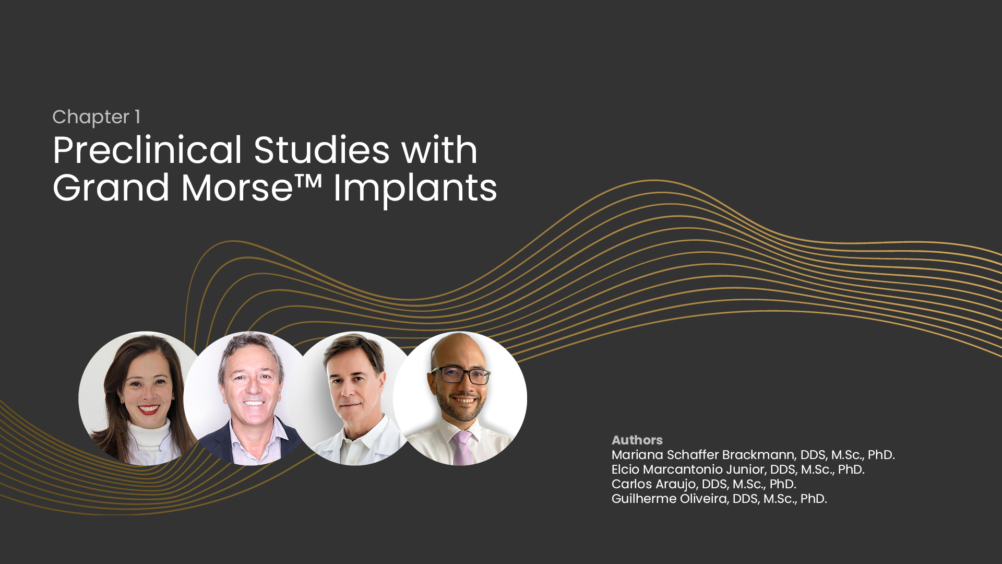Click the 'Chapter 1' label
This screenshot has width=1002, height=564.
pyautogui.click(x=97, y=118)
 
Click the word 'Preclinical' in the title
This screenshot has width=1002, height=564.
pyautogui.click(x=148, y=150)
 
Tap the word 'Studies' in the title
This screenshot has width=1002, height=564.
pyautogui.click(x=322, y=150)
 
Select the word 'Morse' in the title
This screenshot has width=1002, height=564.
pyautogui.click(x=237, y=188)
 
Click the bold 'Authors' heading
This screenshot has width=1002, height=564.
pyautogui.click(x=637, y=440)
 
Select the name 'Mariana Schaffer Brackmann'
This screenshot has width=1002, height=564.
pyautogui.click(x=703, y=455)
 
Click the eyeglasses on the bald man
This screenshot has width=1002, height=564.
pyautogui.click(x=460, y=374)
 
